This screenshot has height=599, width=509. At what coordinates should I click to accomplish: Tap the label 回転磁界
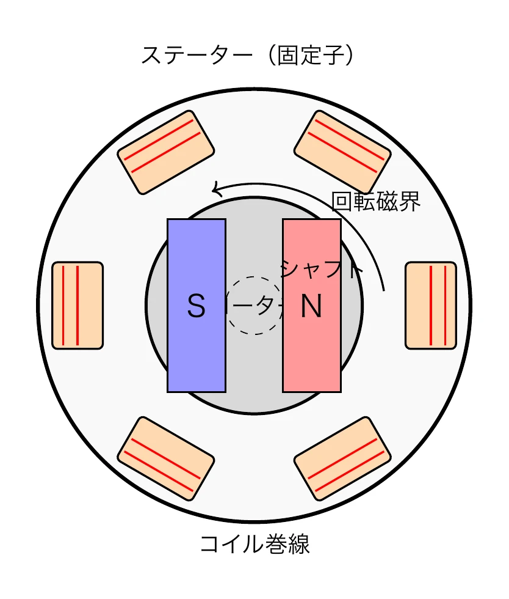[375, 201]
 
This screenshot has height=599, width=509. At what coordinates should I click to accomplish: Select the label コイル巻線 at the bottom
[254, 544]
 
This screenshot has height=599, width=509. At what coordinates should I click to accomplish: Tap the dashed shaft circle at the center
[254, 306]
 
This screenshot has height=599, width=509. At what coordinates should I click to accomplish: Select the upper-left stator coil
[166, 152]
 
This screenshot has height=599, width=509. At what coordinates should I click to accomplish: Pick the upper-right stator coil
[342, 152]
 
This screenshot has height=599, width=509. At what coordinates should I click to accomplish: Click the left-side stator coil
[78, 306]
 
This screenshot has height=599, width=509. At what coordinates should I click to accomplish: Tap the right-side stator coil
[431, 306]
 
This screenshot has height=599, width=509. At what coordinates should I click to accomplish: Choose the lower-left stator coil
[166, 459]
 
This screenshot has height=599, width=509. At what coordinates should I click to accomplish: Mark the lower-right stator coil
[342, 459]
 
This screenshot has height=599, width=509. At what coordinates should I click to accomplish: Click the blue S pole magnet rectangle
[197, 355]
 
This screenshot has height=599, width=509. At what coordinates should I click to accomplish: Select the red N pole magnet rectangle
[312, 355]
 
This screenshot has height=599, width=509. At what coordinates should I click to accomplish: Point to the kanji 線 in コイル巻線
[298, 544]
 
